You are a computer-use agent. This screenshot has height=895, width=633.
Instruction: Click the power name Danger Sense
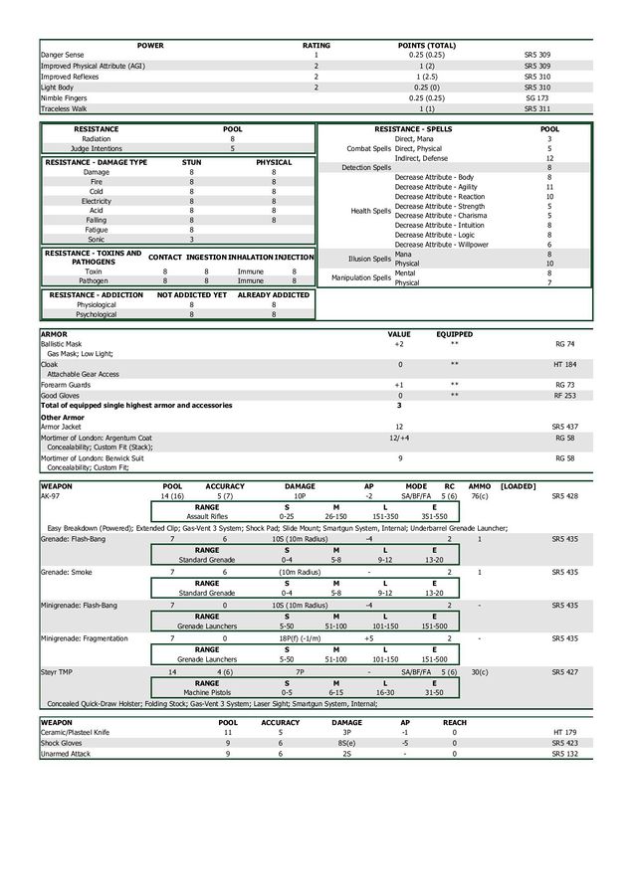[x=62, y=55]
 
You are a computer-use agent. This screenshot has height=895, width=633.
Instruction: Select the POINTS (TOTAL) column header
[x=426, y=45]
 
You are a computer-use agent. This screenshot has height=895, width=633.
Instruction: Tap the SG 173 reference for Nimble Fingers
[x=536, y=97]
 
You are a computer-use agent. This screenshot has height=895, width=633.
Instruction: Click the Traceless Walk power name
[x=63, y=108]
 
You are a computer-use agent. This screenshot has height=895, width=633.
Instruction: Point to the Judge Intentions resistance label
[x=96, y=148]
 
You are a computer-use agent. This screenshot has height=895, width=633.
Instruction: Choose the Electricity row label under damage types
[x=96, y=201]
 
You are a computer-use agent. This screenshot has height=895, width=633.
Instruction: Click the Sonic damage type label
[x=96, y=239]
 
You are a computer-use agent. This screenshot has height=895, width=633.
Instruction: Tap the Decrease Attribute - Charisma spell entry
[x=441, y=215]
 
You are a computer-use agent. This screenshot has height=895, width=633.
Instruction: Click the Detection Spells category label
[x=366, y=168]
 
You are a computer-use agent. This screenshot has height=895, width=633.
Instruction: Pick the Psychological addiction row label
[x=96, y=314]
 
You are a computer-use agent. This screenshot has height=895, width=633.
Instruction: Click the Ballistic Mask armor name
[x=61, y=343]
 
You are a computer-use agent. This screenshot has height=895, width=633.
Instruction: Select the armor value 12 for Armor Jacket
[x=399, y=426]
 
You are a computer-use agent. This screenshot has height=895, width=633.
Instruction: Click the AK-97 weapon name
[x=50, y=495]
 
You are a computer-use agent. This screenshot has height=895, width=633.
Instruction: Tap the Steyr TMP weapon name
[x=57, y=672]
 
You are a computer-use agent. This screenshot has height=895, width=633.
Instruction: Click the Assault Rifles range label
[x=207, y=517]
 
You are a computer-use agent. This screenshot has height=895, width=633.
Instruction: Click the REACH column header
[x=454, y=722]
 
